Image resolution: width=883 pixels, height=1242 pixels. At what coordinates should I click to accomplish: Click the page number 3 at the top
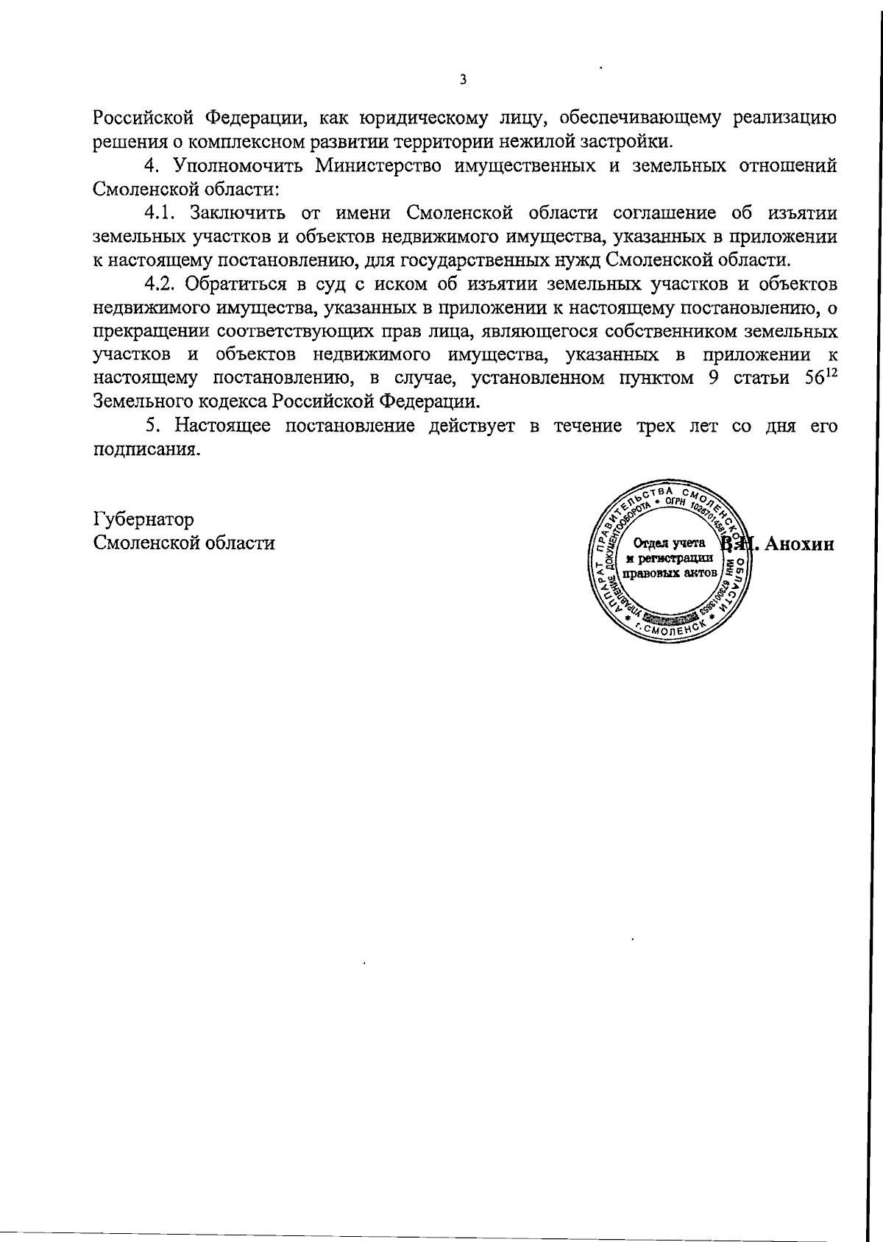(462, 80)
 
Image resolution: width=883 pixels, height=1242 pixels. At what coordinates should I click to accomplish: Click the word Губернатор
(144, 519)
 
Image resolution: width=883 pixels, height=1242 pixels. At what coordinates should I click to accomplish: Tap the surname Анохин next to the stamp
(799, 544)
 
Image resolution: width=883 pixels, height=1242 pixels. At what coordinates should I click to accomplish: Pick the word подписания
(146, 450)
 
